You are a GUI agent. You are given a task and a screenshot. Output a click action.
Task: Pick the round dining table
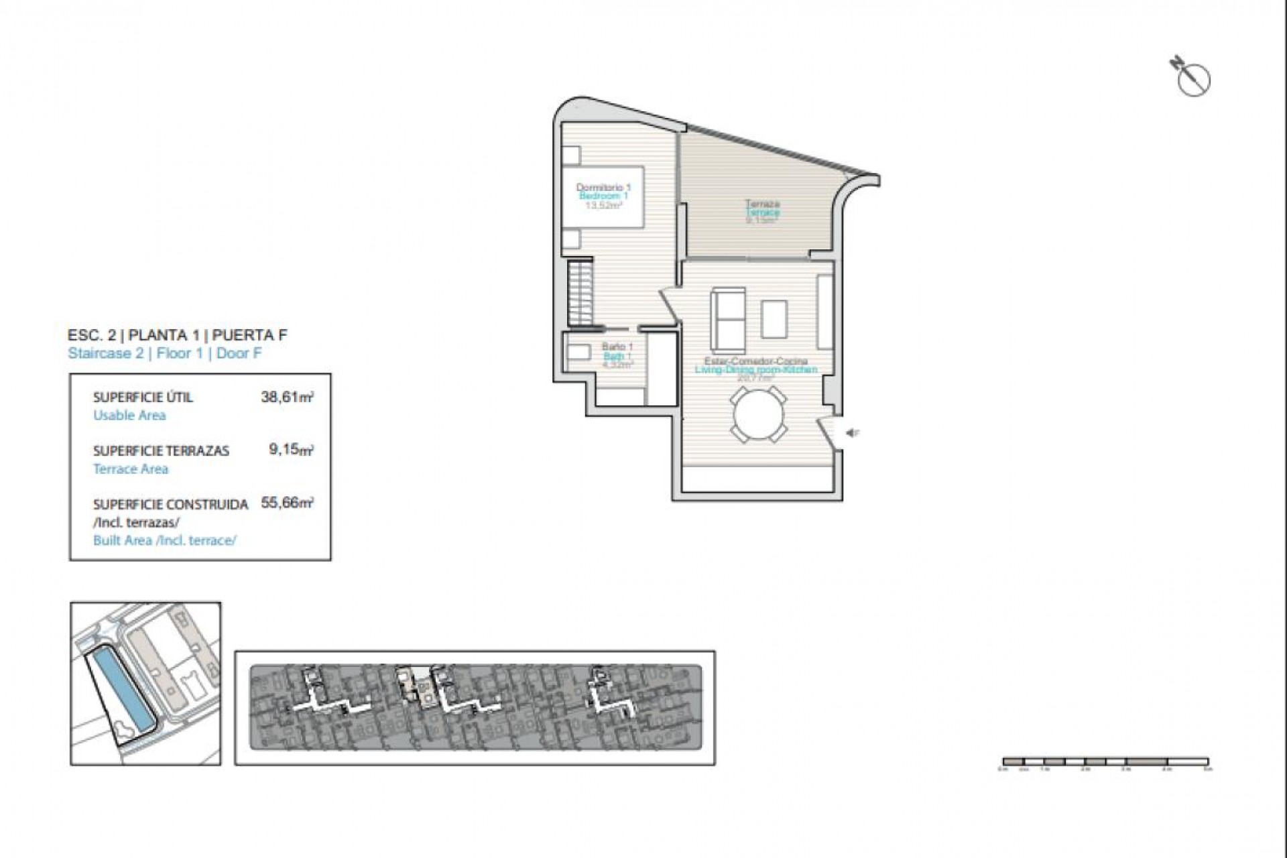(757, 416)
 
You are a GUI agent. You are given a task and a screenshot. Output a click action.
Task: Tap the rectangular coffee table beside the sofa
(774, 319)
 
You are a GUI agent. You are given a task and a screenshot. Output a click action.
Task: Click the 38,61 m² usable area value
(287, 397)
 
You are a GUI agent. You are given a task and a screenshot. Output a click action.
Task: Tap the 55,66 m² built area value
(287, 503)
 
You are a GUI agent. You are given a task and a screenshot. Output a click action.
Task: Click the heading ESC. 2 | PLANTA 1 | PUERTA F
(178, 335)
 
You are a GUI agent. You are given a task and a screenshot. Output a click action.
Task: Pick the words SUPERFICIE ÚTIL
(143, 397)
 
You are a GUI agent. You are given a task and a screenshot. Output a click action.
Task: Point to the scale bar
(1105, 761)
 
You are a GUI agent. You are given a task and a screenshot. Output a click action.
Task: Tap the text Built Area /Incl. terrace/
(164, 540)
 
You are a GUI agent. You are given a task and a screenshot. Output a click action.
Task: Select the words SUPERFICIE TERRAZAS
(161, 450)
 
